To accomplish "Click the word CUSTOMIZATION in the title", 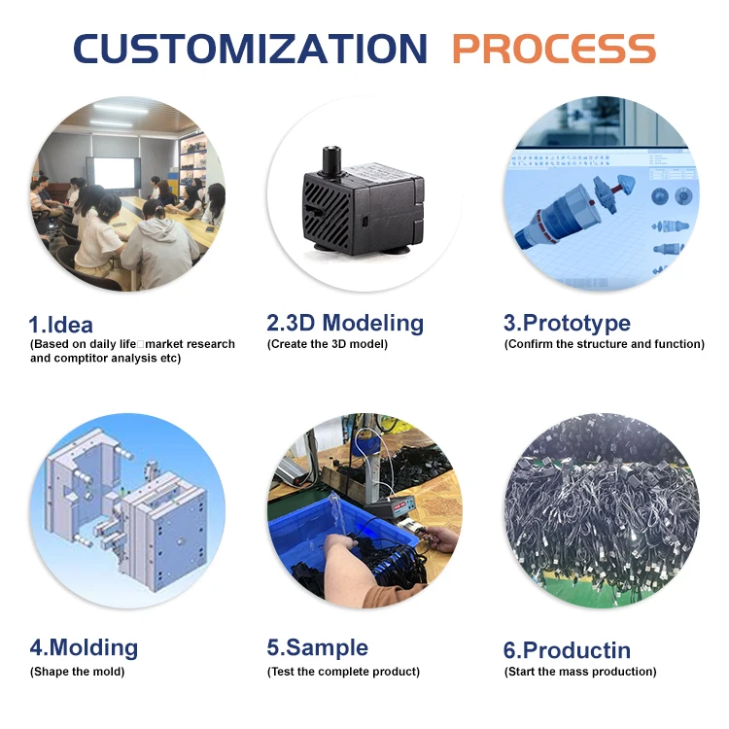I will point(250,49).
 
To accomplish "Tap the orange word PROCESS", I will point(553,49).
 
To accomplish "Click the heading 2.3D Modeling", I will point(345,324).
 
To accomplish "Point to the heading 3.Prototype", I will point(567,324).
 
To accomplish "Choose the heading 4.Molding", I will point(84,647).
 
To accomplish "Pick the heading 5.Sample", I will point(318,647).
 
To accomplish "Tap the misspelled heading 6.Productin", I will point(567,650).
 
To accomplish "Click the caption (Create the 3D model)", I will point(328,344).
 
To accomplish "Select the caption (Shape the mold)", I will point(77,671).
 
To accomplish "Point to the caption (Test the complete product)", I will point(343,671).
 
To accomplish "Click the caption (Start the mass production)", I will point(580,671).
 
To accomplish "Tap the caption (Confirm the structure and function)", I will point(604,344).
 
